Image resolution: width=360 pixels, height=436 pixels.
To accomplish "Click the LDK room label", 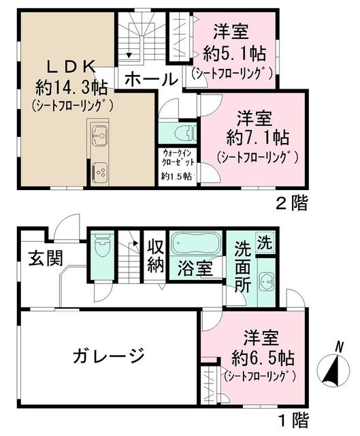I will [x=72, y=67].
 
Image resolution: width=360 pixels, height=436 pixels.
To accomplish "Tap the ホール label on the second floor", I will [x=151, y=78].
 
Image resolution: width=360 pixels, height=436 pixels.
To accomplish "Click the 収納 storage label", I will [x=156, y=256].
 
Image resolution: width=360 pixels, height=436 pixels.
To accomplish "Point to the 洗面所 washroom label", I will [x=243, y=267].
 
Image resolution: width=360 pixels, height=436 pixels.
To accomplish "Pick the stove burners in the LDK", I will [x=99, y=168].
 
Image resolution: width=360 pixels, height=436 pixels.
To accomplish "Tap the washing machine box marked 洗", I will [x=265, y=240].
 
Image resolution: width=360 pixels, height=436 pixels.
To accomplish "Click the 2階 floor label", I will [x=291, y=202].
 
